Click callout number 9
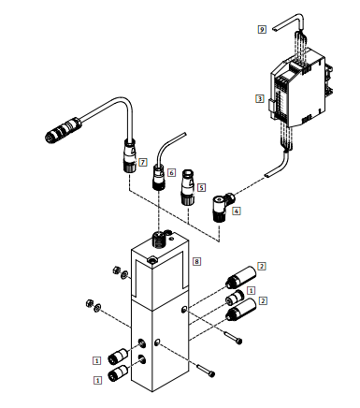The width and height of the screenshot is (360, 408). click(x=262, y=30)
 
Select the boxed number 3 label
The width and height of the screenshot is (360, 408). click(x=260, y=99)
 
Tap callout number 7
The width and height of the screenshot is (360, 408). click(x=143, y=162)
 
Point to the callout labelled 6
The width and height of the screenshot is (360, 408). click(x=171, y=172)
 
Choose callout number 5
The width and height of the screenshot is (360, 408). click(x=201, y=187)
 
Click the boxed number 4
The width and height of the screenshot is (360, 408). click(x=237, y=211)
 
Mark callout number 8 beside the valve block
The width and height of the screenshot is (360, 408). click(x=196, y=261)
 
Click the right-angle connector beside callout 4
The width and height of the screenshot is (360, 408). click(x=223, y=207)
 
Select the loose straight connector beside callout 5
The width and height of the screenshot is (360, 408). click(x=188, y=187)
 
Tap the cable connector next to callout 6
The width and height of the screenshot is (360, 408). click(x=159, y=178)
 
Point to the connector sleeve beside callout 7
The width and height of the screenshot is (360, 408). click(x=130, y=156)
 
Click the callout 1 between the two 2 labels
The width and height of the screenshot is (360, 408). click(x=251, y=290)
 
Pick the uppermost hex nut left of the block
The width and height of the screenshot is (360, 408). click(x=116, y=270)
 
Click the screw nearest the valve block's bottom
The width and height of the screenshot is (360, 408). click(x=206, y=371)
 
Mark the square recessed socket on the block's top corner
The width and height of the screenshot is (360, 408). click(x=152, y=259)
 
